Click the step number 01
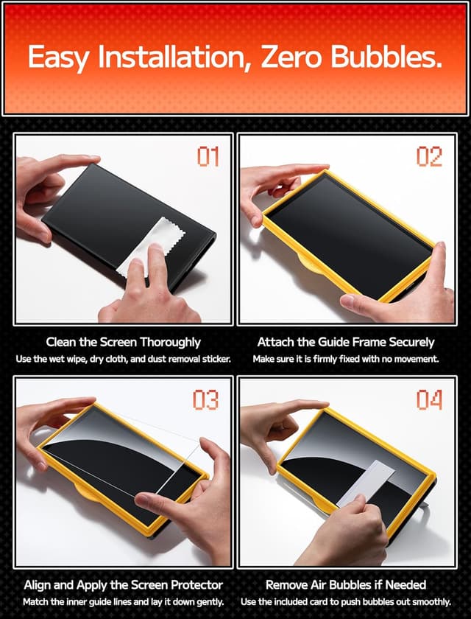point(208,156)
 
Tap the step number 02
point(428,156)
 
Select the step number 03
point(206,399)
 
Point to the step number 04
point(428,399)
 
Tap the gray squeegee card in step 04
point(366,482)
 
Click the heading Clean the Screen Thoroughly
point(123,342)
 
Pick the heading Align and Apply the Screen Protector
point(123,585)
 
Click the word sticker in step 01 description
point(216,359)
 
